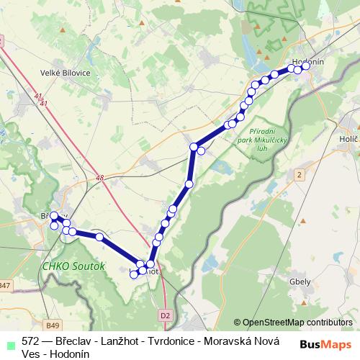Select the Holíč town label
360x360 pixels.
[348, 137]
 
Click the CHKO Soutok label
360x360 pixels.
[73, 266]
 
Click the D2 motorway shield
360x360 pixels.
[166, 315]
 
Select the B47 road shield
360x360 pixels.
[6, 287]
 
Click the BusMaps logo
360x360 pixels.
[330, 344]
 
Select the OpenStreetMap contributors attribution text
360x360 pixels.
[293, 323]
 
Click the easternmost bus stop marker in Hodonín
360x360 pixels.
[306, 66]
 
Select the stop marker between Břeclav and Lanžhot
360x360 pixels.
[99, 237]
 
